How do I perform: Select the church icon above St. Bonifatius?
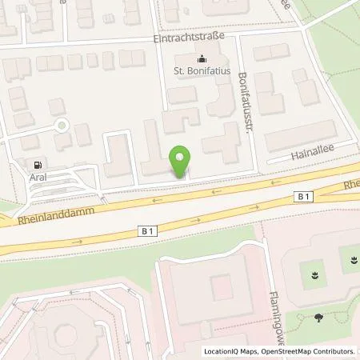[x=200, y=58]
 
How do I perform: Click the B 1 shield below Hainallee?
[x=302, y=195]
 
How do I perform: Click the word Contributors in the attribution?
[x=334, y=351]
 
